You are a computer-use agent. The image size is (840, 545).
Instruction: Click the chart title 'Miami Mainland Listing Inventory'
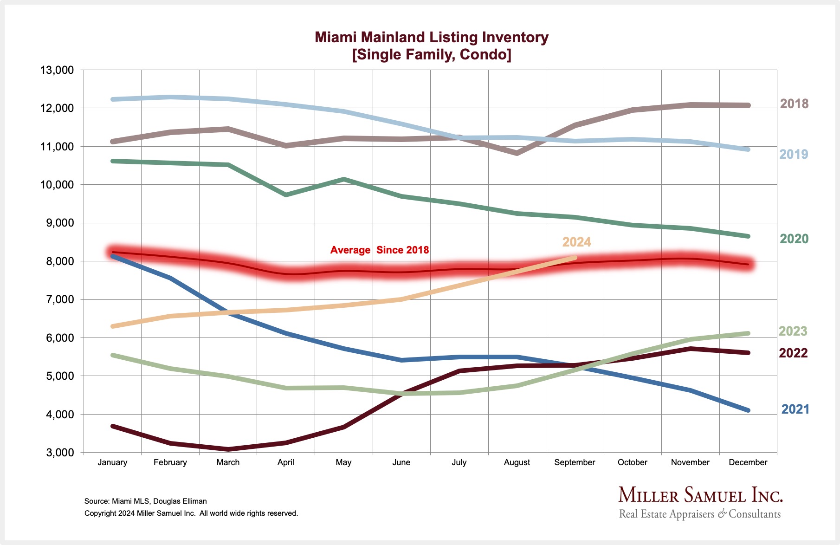click(432, 37)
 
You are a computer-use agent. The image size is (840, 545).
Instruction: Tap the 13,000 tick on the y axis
click(57, 71)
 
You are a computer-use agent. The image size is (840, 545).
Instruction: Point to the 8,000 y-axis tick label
click(60, 262)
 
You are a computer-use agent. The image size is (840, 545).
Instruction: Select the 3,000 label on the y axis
click(60, 453)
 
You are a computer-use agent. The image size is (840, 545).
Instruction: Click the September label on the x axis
click(575, 462)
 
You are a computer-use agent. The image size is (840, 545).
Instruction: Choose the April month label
click(286, 462)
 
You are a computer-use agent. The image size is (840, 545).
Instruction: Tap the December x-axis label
click(748, 462)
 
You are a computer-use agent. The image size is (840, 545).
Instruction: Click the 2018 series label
click(794, 104)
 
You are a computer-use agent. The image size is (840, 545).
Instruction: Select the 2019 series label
click(794, 154)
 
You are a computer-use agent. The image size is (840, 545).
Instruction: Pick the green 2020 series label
click(794, 239)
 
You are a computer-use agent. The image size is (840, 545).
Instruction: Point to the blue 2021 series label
click(795, 409)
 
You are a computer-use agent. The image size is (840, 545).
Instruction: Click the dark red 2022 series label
click(793, 353)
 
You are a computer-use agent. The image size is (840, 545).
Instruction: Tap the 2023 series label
click(793, 331)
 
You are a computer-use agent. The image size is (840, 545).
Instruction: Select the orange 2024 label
click(576, 242)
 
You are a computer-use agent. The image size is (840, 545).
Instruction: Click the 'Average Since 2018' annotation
click(380, 250)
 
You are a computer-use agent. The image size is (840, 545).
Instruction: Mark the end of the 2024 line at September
click(575, 258)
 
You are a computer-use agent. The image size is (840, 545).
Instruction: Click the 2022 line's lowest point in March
click(228, 449)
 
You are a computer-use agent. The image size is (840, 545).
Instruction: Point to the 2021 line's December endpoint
click(748, 410)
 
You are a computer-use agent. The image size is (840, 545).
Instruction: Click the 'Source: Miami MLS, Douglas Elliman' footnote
click(146, 501)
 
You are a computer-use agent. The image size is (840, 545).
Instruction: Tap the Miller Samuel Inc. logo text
click(700, 495)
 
